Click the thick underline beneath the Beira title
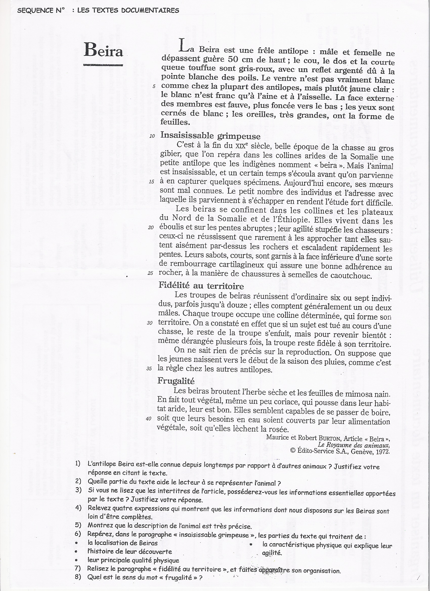103,65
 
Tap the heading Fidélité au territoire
201,286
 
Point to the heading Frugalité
176,381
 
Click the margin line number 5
154,86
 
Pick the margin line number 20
151,228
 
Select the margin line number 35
149,369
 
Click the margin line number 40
149,419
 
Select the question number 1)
78,464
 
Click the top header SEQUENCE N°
41,10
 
